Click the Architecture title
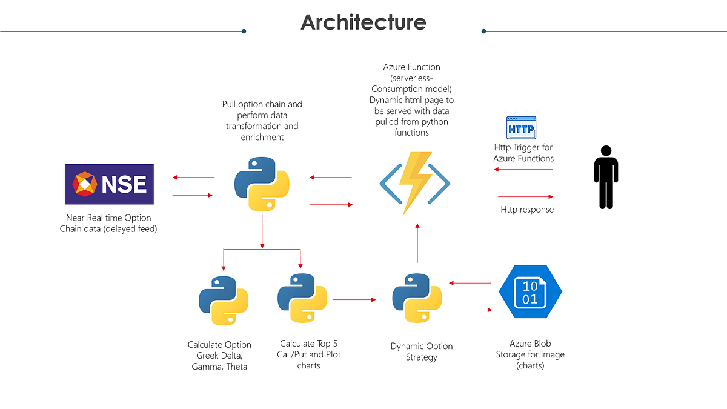pos(363,22)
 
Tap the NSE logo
pos(109,184)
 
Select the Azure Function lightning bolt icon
pos(415,183)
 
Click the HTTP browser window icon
pos(521,128)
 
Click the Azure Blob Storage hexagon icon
pos(530,291)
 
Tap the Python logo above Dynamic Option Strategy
pos(417,300)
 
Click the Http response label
pos(527,210)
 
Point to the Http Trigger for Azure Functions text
pos(523,153)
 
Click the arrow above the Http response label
pos(525,196)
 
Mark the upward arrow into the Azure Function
pos(417,242)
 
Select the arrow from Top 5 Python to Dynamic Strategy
pos(354,299)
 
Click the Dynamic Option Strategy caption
pos(422,351)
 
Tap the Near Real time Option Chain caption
pos(108,223)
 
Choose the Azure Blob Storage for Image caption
pos(531,354)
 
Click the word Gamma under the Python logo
pos(206,367)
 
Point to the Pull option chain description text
pos(262,121)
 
